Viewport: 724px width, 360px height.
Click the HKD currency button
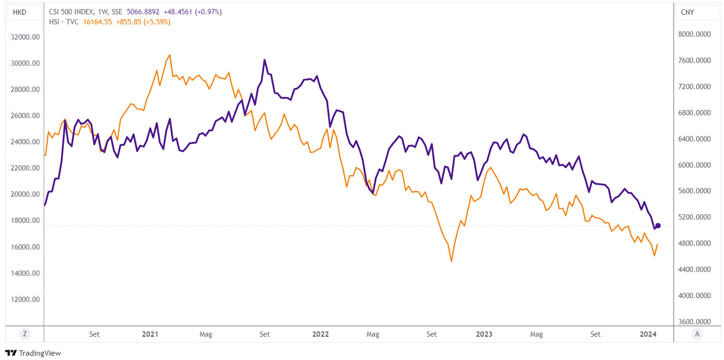(x=20, y=12)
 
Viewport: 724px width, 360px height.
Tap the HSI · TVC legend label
(x=62, y=21)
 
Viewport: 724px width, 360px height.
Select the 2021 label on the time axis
(x=150, y=334)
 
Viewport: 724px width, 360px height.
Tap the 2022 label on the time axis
(x=321, y=334)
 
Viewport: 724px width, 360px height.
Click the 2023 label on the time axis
(x=484, y=334)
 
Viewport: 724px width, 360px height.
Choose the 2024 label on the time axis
(x=649, y=334)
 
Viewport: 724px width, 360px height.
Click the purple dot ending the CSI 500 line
(x=658, y=225)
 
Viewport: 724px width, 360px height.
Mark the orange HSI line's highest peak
(x=170, y=55)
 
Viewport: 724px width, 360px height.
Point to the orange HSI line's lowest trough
(x=451, y=261)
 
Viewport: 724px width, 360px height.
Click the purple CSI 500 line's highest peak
(x=264, y=60)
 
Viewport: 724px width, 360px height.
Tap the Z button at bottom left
(x=24, y=334)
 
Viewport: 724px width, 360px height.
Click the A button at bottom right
(x=697, y=334)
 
